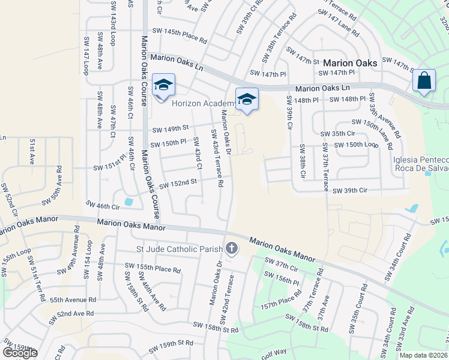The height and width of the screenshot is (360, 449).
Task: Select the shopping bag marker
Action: click(424, 81)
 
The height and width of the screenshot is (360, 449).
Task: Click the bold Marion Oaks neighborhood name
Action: click(350, 63)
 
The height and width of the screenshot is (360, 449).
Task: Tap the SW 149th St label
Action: click(170, 128)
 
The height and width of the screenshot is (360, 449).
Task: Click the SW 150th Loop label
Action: click(357, 145)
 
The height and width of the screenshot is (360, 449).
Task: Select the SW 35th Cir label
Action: click(339, 134)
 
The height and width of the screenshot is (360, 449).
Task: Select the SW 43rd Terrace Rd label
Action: click(217, 158)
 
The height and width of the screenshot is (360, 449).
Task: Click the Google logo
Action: click(20, 352)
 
